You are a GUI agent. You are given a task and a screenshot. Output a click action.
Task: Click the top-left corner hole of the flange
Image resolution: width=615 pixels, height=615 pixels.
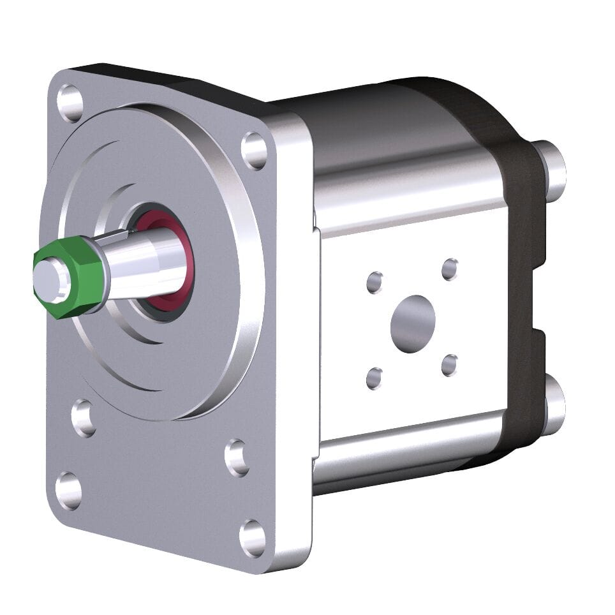click(70, 102)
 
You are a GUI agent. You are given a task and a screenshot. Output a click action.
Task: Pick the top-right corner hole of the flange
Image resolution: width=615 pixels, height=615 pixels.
click(254, 151)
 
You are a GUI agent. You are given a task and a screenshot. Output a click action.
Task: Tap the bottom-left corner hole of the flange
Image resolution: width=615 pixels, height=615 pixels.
click(68, 490)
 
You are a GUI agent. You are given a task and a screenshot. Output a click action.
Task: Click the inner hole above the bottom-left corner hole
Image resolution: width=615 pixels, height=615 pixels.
click(84, 418)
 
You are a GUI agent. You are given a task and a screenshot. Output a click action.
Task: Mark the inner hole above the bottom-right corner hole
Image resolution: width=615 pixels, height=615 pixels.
click(237, 457)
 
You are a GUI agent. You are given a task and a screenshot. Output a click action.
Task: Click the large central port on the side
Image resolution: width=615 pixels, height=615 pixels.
click(413, 323)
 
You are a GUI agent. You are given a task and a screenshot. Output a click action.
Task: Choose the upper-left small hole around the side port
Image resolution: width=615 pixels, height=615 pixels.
click(374, 282)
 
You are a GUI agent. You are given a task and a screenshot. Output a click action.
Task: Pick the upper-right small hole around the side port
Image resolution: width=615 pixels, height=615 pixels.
click(450, 269)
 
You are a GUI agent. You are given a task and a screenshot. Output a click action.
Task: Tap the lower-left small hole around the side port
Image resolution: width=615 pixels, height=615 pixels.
click(374, 378)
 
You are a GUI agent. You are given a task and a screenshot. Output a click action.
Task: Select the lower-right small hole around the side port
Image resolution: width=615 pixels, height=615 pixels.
click(450, 366)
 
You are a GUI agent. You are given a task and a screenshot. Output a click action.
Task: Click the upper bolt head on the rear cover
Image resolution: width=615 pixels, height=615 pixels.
click(553, 170)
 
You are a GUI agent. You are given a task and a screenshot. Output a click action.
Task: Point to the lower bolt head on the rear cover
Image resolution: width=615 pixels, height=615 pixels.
click(552, 406)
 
